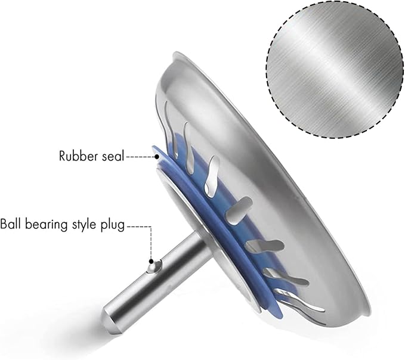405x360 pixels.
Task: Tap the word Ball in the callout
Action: tap(11, 224)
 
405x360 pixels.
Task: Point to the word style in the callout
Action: tap(82, 225)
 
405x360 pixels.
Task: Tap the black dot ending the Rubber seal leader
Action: tap(157, 156)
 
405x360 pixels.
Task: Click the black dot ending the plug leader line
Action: tap(152, 262)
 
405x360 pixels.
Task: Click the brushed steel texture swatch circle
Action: tap(335, 70)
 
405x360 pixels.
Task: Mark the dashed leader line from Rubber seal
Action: tap(140, 156)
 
